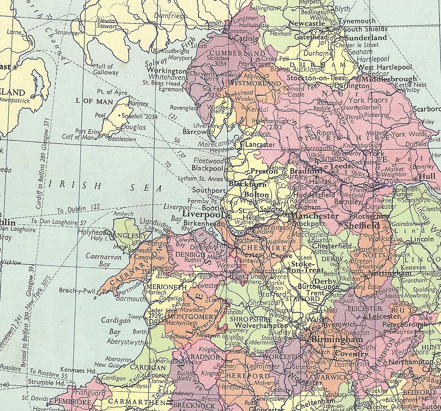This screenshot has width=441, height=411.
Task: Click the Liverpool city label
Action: coord(203,214)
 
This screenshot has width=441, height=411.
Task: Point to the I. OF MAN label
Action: coord(94,101)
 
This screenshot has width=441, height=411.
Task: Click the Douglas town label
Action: coord(134,127)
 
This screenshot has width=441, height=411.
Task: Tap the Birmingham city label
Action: coord(333,339)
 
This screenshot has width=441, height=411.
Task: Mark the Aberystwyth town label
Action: coord(125,342)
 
